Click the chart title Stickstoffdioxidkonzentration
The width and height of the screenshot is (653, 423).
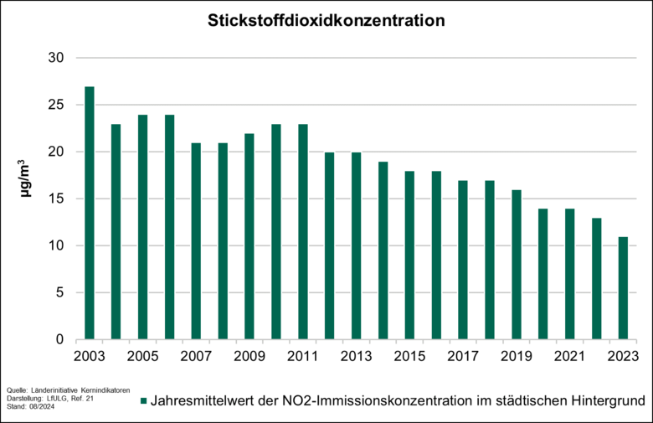[x=326, y=20]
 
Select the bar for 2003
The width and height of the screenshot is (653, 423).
[x=90, y=214]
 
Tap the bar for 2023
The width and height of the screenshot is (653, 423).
[x=624, y=288]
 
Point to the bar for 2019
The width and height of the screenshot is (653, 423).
[x=517, y=265]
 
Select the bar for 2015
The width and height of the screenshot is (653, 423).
[x=410, y=255]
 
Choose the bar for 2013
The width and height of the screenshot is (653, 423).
[x=357, y=246]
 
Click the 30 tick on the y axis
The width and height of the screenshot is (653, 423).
[x=56, y=58]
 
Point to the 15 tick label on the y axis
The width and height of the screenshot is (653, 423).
[x=56, y=199]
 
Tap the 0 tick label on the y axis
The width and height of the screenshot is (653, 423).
[x=59, y=340]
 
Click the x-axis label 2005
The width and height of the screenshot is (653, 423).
[x=142, y=357]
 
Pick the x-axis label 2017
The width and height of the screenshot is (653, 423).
[x=463, y=357]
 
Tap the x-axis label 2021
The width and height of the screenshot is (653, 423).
[x=570, y=357]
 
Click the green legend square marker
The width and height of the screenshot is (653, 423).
[x=143, y=401]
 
